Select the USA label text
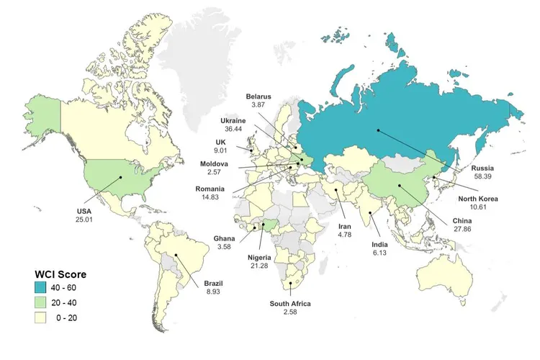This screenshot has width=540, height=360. pos(85,210)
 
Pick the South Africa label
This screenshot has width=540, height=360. pos(290,304)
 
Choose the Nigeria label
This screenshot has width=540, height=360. pos(261,257)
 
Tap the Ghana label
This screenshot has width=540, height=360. pos(224,238)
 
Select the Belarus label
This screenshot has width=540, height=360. pos(258,96)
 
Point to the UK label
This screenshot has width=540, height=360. pos(220,142)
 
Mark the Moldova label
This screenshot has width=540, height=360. pos(214,164)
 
